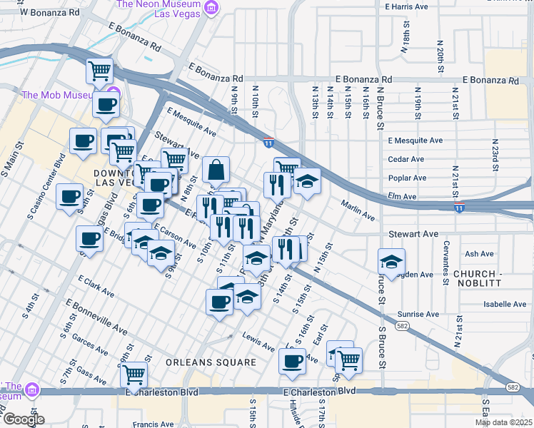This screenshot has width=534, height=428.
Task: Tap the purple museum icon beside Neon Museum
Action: tap(211, 8)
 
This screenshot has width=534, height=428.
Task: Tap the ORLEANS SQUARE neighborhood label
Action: tap(211, 362)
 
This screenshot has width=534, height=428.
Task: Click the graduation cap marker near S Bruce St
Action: tap(391, 262)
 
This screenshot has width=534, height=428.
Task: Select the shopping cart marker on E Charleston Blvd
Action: tap(133, 373)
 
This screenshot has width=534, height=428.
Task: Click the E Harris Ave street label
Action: tap(406, 6)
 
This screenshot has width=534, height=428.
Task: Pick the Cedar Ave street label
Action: tap(406, 159)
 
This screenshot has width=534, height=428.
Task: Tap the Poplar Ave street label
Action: tap(407, 178)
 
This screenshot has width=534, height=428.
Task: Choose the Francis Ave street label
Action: tap(153, 424)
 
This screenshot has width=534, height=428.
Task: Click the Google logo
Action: tap(23, 419)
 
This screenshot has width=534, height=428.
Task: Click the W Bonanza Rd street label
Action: tap(50, 12)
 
